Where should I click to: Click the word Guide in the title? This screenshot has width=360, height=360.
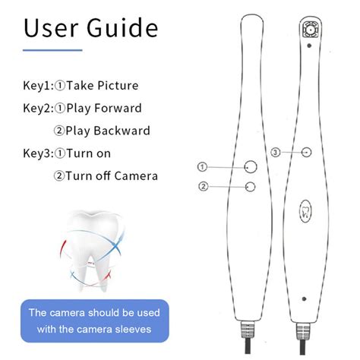coord(122,28)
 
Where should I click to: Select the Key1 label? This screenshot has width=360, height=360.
coord(39,86)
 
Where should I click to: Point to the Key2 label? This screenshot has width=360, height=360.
coord(39,109)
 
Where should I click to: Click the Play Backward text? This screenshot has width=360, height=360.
coord(107,131)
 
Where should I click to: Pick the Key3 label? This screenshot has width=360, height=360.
coord(39,153)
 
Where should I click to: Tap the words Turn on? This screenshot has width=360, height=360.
coord(90,153)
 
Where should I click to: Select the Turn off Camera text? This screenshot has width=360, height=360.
coord(111,176)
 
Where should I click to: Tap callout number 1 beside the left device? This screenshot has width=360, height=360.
coord(203,167)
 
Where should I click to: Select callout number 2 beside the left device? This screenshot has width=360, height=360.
coord(203,186)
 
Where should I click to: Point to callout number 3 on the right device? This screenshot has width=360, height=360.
coord(275,153)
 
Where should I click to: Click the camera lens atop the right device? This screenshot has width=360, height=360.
coord(310,30)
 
